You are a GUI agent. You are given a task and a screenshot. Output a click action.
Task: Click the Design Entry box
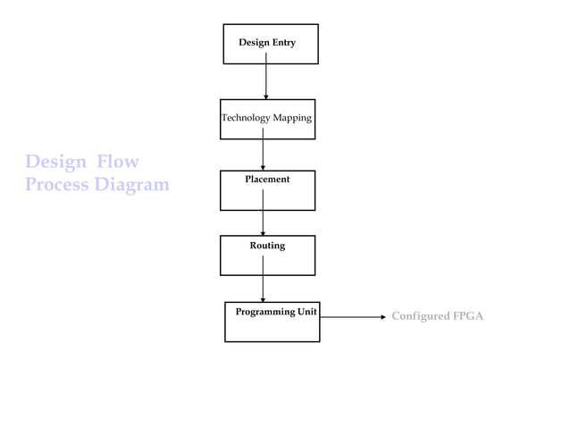(270, 44)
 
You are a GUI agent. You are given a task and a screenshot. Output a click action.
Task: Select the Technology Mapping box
(267, 119)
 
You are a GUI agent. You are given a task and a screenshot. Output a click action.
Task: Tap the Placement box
(267, 190)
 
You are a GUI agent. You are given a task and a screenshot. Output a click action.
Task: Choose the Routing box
(267, 255)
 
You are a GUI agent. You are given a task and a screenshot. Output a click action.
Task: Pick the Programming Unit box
(272, 322)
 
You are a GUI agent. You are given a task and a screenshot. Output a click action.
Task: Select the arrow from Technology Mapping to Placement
(263, 150)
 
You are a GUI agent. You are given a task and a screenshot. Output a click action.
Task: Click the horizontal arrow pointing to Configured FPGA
(353, 316)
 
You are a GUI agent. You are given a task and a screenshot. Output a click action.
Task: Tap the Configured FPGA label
(437, 316)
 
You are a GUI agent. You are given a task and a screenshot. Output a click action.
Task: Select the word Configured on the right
(420, 316)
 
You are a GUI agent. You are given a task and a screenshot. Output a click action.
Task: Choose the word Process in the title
(56, 185)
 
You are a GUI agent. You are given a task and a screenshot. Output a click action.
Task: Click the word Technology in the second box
(246, 118)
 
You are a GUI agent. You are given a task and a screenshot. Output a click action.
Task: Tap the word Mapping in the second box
(291, 118)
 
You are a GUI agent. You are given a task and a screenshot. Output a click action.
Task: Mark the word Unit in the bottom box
(306, 312)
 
